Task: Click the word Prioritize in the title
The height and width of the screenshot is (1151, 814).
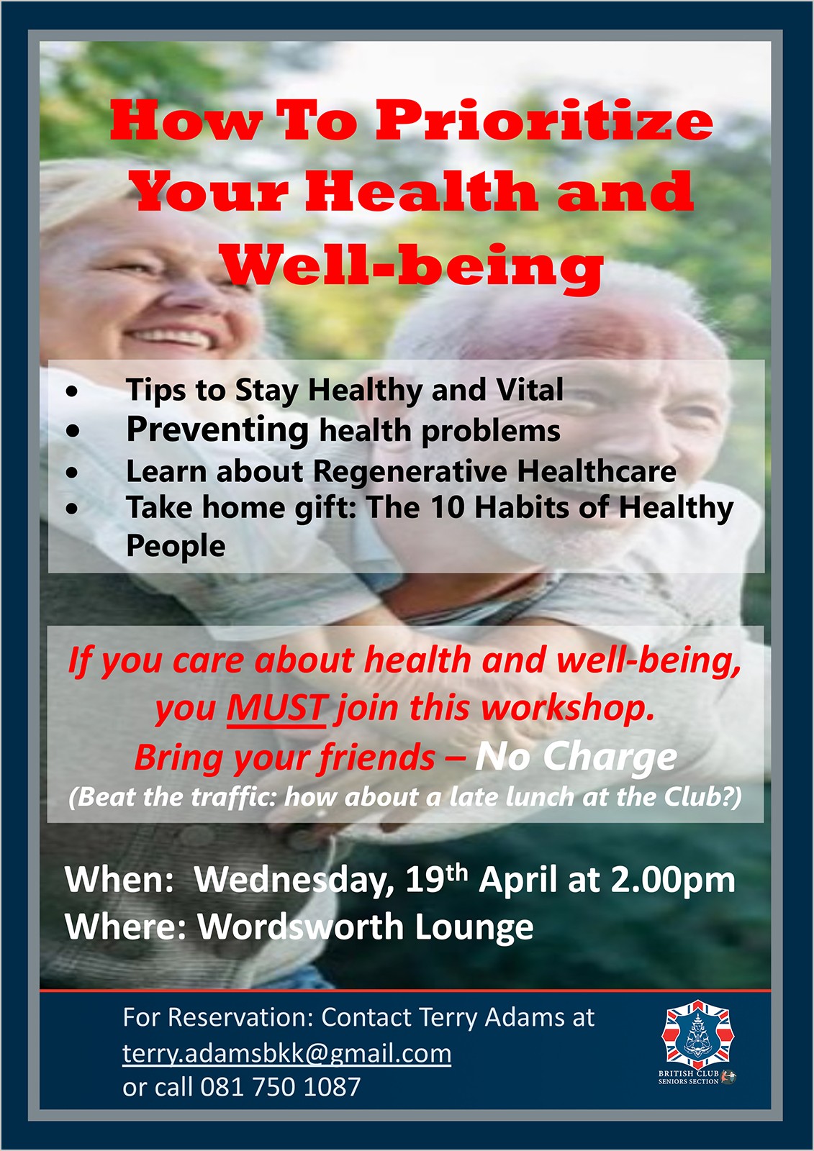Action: pos(544,122)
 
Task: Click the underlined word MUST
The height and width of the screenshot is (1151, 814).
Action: pos(276,709)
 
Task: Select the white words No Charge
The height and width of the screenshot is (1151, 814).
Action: pos(576,757)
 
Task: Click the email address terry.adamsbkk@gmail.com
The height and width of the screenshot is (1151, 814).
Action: pos(287,1053)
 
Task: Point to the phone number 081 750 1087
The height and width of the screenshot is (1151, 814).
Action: pos(280,1087)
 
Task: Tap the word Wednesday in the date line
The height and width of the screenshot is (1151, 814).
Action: pos(294,880)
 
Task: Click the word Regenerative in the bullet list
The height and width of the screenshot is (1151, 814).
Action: pos(410,472)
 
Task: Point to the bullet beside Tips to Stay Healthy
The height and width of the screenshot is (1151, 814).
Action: pos(73,391)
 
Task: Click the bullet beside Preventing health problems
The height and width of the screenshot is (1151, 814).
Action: pos(73,431)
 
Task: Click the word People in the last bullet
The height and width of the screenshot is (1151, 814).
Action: pos(176,546)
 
